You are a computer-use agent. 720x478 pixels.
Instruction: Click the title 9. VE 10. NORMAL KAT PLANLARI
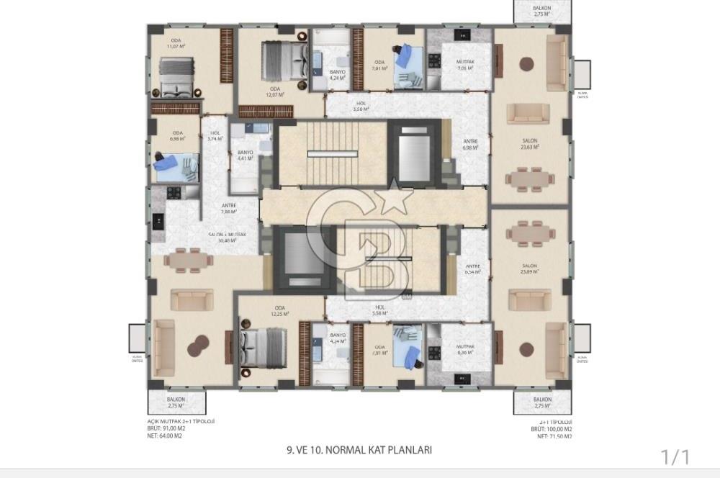point(359,451)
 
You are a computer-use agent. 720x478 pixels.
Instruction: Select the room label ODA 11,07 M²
point(176,43)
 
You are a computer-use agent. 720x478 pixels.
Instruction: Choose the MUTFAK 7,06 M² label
point(465,66)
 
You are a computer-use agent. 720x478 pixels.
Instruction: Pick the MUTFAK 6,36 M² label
point(465,350)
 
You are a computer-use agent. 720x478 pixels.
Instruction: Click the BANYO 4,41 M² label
point(245,155)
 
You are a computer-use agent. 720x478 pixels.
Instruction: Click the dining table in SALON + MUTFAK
point(189,260)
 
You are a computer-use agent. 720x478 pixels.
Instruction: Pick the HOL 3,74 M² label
point(215,137)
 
